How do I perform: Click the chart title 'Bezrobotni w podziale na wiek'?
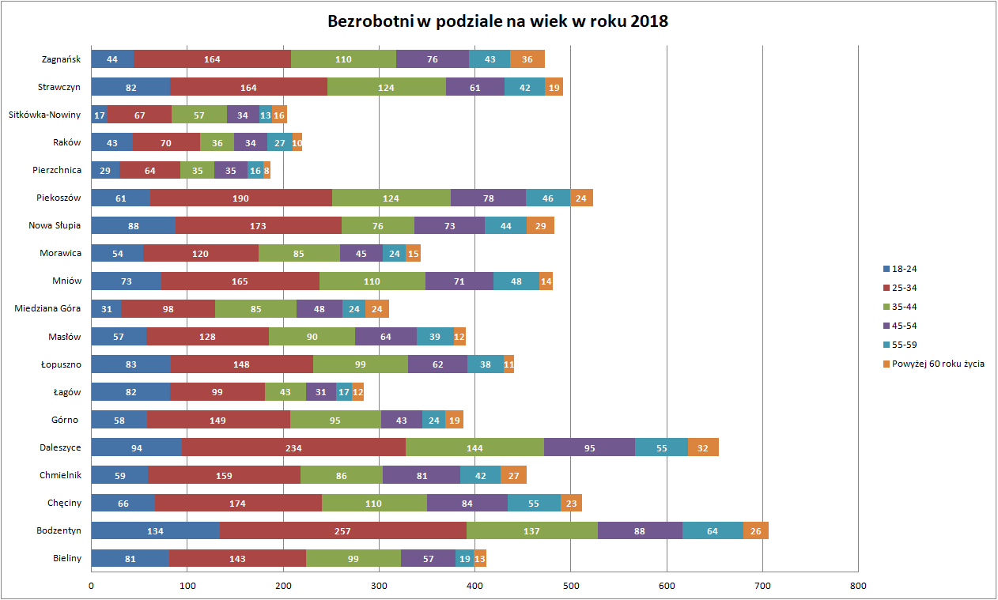[498, 21]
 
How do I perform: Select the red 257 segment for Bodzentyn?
[342, 530]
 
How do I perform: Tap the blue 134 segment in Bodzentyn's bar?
[155, 530]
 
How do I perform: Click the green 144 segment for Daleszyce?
[474, 447]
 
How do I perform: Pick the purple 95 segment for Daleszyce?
[589, 447]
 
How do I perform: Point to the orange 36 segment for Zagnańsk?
[527, 59]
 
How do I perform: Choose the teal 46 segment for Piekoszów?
[548, 198]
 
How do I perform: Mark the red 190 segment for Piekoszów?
[241, 198]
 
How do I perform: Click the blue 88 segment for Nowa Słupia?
[133, 225]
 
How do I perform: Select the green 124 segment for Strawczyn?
[386, 87]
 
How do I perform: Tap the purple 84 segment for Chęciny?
[467, 503]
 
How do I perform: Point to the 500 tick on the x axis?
[571, 586]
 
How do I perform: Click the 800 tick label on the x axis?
[858, 586]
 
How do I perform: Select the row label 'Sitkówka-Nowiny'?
[45, 115]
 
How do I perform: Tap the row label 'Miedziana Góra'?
[48, 308]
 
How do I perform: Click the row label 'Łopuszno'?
[61, 364]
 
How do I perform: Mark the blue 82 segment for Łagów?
[130, 391]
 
